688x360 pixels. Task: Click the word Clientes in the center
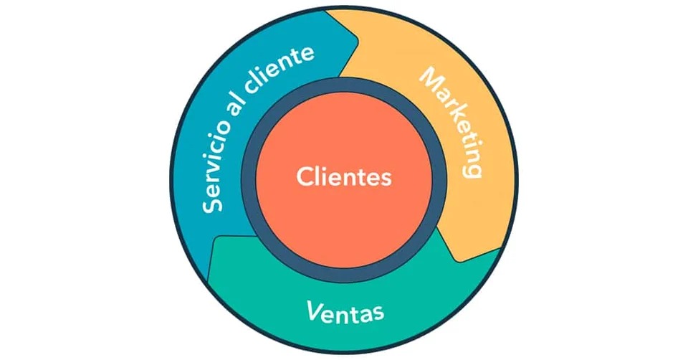click(x=344, y=176)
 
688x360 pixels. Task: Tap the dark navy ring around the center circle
click(x=344, y=89)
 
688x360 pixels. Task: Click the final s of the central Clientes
click(x=386, y=178)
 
